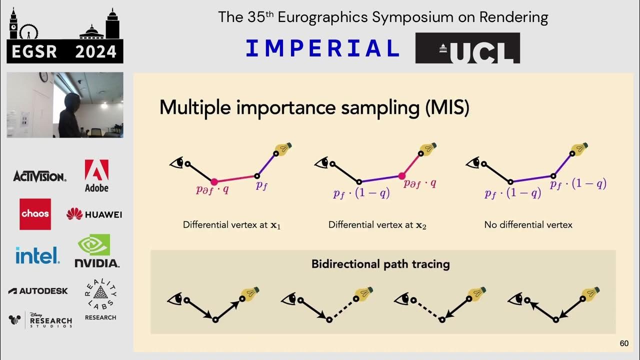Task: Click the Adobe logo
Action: click(96, 175)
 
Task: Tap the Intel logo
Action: click(37, 255)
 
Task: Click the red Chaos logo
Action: click(35, 214)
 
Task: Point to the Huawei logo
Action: click(94, 214)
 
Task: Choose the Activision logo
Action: click(39, 176)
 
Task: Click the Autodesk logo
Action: click(38, 290)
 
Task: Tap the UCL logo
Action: click(467, 48)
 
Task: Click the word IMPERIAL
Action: click(322, 48)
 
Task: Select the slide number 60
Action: click(624, 343)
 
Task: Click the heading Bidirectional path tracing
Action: click(380, 264)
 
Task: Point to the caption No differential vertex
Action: click(528, 225)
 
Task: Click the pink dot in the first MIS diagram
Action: click(214, 182)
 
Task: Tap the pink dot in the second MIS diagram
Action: click(401, 175)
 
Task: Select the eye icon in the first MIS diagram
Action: click(176, 162)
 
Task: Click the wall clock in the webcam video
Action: click(44, 77)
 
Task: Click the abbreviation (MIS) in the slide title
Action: click(447, 108)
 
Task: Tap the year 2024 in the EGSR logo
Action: click(95, 51)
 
